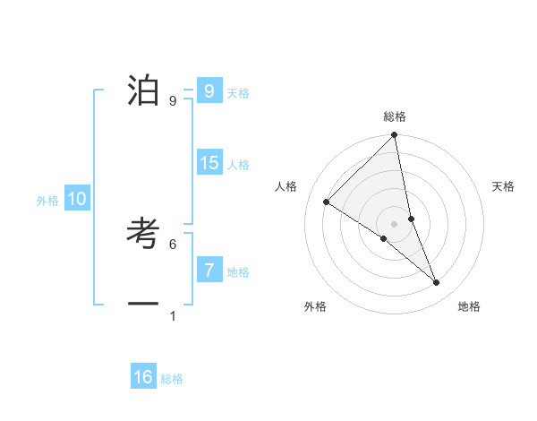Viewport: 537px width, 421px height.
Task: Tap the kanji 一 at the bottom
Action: (x=144, y=304)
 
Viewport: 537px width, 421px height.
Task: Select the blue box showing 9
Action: (x=209, y=90)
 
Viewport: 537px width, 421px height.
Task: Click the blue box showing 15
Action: (x=209, y=163)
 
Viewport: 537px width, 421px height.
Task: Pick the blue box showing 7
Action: (x=209, y=270)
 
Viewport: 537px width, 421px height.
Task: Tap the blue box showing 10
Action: (x=77, y=199)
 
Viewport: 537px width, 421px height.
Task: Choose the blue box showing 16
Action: (x=143, y=377)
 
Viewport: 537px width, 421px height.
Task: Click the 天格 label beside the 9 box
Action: (x=238, y=92)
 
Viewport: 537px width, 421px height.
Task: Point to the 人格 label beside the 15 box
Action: (x=238, y=165)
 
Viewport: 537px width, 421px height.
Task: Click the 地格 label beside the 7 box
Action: (x=238, y=271)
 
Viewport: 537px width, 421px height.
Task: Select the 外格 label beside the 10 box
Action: (x=47, y=201)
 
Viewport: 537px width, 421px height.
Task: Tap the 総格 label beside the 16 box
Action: (x=172, y=379)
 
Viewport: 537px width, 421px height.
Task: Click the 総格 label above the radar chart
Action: (x=395, y=116)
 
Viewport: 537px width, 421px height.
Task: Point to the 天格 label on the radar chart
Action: (x=503, y=186)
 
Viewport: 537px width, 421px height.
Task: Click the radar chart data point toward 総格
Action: (x=395, y=135)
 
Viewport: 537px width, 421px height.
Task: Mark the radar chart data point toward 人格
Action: (x=327, y=202)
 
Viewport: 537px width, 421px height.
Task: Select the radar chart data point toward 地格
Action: (x=437, y=282)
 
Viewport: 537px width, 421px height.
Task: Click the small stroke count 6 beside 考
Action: (x=173, y=244)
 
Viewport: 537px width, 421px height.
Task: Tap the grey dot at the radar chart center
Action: (x=395, y=223)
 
